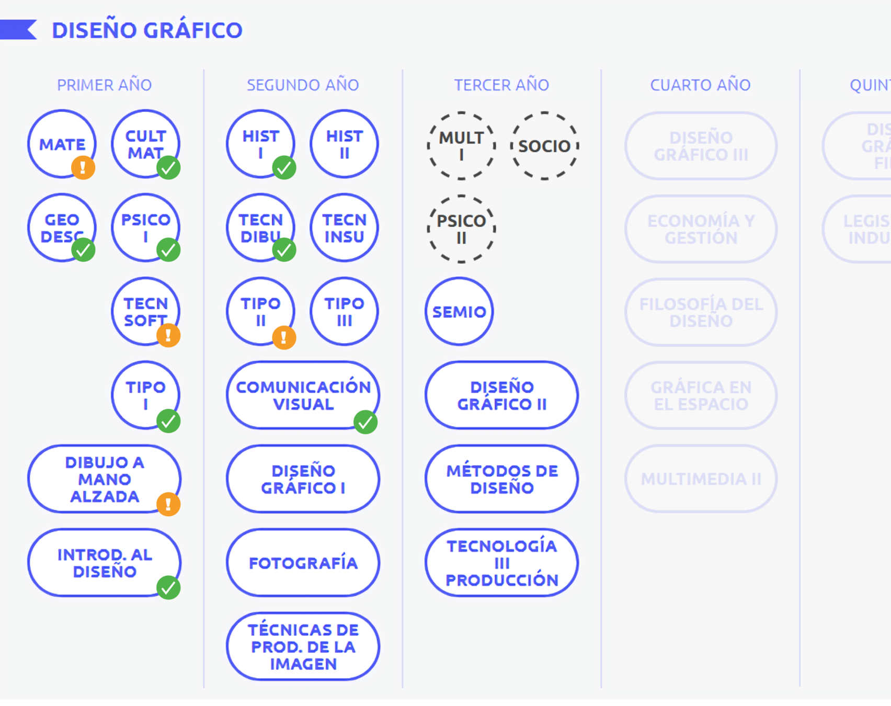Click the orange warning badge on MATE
[83, 168]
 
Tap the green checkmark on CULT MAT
[168, 168]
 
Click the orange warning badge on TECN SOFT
[168, 335]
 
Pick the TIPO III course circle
[344, 312]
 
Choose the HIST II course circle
[344, 144]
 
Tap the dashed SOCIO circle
[544, 146]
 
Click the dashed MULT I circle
[461, 146]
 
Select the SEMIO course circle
[459, 312]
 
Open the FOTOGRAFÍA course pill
[303, 563]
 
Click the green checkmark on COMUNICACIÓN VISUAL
[365, 422]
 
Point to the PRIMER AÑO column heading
[104, 85]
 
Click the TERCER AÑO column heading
[501, 85]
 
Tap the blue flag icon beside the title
[18, 29]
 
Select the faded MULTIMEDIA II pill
[701, 479]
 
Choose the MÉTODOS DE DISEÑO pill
[501, 479]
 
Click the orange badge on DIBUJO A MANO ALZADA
[168, 504]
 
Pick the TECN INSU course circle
[344, 228]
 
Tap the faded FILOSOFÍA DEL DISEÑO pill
[701, 312]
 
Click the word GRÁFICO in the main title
[193, 30]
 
